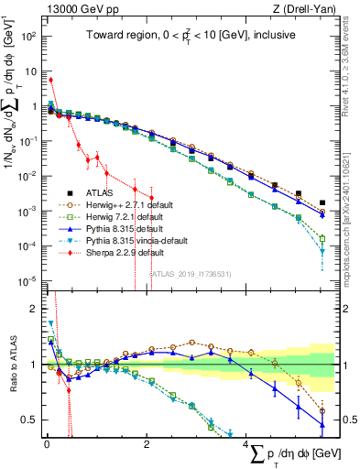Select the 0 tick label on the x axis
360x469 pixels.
[x=47, y=446]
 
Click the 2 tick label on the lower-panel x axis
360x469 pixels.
[x=147, y=446]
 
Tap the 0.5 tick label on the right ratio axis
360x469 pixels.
[x=350, y=420]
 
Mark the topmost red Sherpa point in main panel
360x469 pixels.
[x=51, y=80]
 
